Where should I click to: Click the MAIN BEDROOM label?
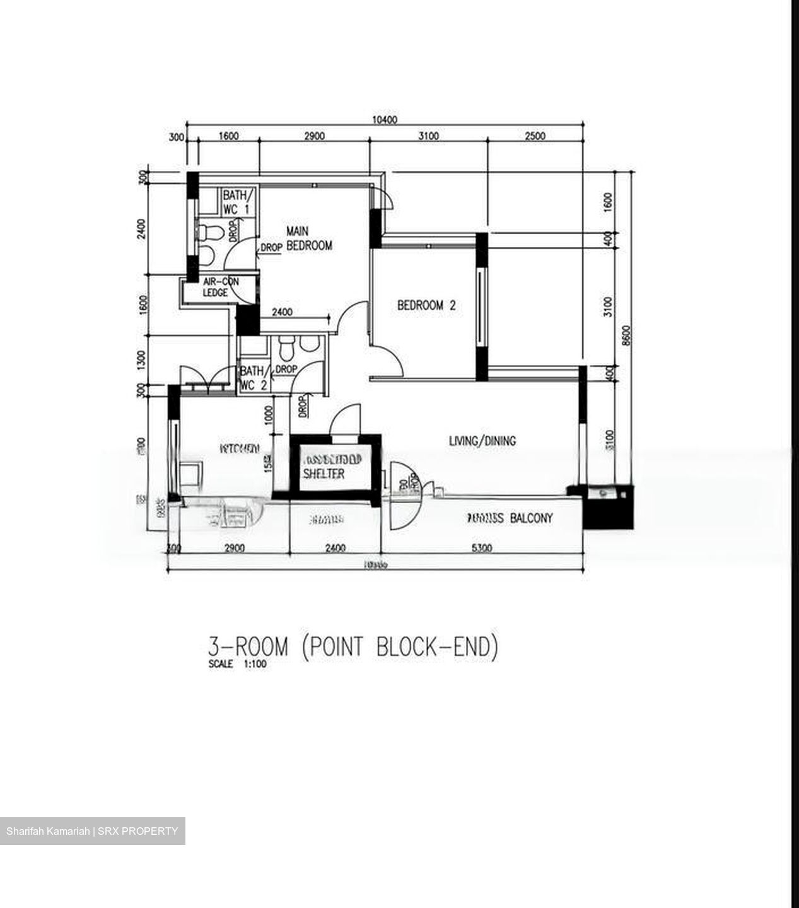click(x=308, y=239)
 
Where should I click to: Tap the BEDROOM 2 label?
click(x=426, y=306)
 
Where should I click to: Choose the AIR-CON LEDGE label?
click(x=221, y=288)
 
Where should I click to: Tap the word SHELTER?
click(x=324, y=474)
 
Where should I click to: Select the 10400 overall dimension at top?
click(x=384, y=120)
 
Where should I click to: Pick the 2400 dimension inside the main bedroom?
click(x=281, y=311)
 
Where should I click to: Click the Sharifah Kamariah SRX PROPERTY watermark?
click(x=92, y=831)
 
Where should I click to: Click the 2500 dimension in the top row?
click(x=535, y=136)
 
